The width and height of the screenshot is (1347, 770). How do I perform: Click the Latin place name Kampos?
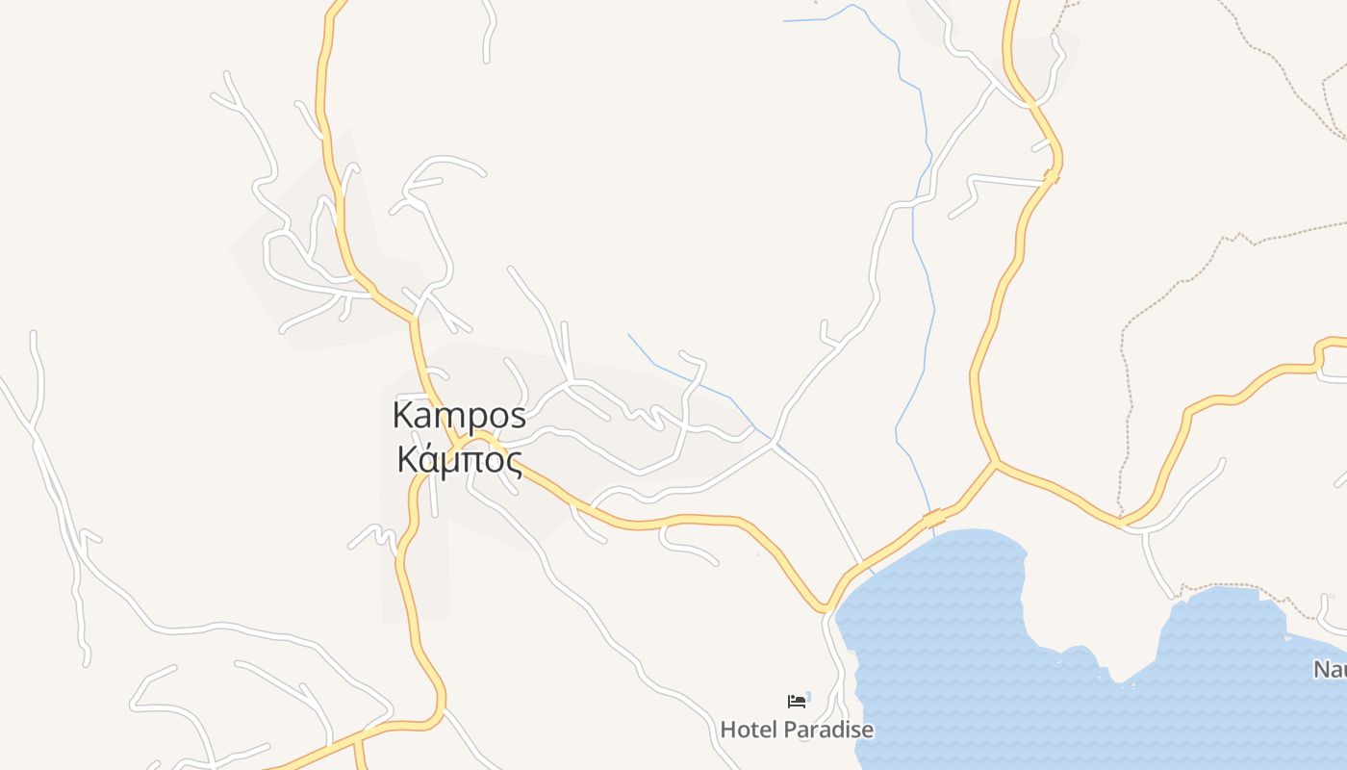[x=459, y=416]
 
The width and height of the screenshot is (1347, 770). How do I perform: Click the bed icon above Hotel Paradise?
[x=797, y=701]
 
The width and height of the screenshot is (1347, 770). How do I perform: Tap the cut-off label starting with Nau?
[x=1330, y=670]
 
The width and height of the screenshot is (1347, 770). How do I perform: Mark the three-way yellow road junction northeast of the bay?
[x=997, y=463]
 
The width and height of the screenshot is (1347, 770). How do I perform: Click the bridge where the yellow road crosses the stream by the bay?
[x=932, y=519]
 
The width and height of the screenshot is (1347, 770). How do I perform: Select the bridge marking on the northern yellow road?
[x=1052, y=176]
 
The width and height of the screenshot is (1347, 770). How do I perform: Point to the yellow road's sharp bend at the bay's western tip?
[x=825, y=608]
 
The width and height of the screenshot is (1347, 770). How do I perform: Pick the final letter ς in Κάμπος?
[x=514, y=463]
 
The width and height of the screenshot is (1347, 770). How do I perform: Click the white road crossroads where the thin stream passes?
[x=775, y=443]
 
